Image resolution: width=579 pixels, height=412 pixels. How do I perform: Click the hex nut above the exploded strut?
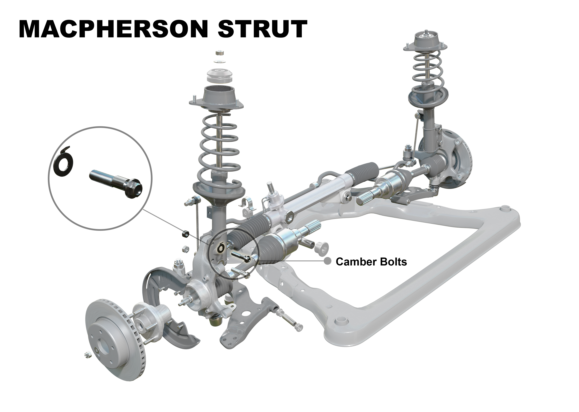(220, 53)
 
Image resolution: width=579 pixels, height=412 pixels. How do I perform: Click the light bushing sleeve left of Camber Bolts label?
(322, 248)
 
